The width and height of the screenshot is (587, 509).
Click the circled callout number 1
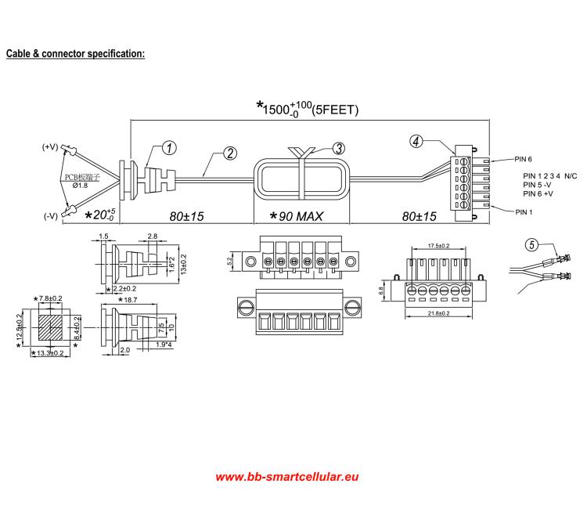tap(170, 148)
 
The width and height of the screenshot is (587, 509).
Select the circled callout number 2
tap(229, 153)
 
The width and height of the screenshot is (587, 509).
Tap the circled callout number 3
tap(338, 147)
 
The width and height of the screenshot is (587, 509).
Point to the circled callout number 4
tap(416, 141)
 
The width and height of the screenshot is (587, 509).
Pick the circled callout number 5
tap(531, 244)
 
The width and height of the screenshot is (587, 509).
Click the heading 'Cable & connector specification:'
tap(76, 54)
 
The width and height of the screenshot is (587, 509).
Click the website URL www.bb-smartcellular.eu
tap(287, 476)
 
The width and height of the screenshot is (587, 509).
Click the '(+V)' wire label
tap(51, 146)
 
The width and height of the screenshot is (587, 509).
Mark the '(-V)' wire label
tap(51, 215)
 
